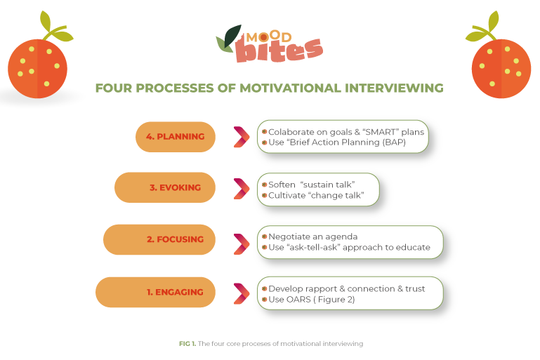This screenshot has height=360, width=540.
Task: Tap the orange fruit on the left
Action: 37,68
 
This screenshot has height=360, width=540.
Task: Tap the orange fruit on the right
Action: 500,67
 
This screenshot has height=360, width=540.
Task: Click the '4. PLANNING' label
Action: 176,137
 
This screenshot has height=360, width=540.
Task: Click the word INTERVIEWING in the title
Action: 393,88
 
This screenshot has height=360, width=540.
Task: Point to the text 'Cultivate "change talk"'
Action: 316,195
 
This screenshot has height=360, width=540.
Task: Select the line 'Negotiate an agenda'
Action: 312,236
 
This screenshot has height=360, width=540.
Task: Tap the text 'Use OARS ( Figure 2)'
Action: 312,300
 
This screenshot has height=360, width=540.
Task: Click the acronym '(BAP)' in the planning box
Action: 392,142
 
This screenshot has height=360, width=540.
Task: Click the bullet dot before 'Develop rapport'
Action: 263,288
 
